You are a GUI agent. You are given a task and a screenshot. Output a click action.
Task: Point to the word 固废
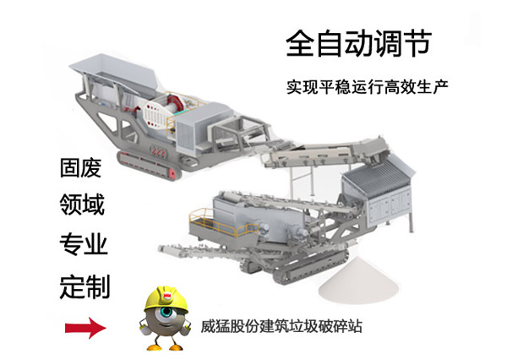[80, 167]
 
